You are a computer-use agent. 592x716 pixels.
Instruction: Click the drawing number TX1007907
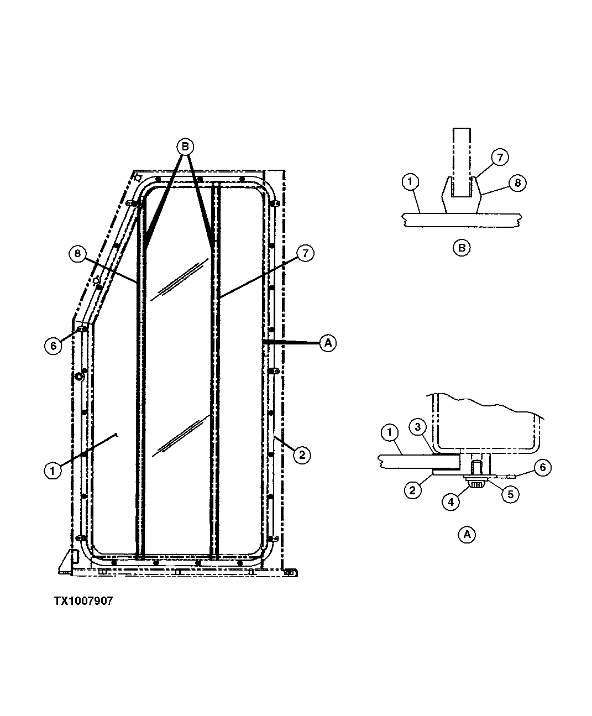click(x=83, y=601)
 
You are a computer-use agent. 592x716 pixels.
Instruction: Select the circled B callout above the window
click(x=185, y=147)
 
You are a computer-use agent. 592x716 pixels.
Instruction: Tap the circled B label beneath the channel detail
click(x=461, y=248)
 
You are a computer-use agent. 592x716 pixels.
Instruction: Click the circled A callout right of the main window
click(x=328, y=343)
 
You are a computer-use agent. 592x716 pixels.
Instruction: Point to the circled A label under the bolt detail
click(x=467, y=535)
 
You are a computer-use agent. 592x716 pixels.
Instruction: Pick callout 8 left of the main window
click(x=78, y=254)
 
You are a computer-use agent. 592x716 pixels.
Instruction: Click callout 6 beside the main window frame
click(x=53, y=346)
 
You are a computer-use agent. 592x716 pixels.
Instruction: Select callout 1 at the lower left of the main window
click(x=53, y=471)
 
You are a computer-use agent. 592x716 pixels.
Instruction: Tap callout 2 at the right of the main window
click(x=301, y=455)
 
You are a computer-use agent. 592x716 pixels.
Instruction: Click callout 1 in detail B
click(x=412, y=182)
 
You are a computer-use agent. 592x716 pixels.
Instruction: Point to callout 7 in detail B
click(x=499, y=158)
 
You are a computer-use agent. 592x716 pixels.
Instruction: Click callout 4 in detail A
click(x=451, y=501)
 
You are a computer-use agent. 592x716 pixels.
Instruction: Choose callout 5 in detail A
click(x=510, y=494)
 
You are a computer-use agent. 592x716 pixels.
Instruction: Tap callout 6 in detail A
click(x=542, y=468)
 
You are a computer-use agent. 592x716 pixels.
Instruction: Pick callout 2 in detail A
click(x=413, y=490)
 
